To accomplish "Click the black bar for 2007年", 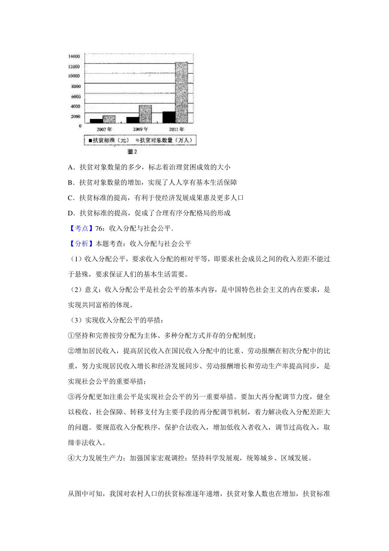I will coord(96,121).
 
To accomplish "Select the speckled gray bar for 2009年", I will coord(145,114).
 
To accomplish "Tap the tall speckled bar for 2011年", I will coord(182,92).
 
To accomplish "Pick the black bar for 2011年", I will coord(169,117).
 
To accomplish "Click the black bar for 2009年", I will coord(133,120).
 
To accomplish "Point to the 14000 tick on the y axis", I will coord(74,56).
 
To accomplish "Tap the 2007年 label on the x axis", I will coord(104,129).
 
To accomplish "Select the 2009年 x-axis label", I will coord(140,129).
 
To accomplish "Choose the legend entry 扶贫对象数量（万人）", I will coord(165,140).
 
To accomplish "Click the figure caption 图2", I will coord(132,152).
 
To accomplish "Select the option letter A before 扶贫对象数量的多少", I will coord(71,167).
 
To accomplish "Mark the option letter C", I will coord(71,198).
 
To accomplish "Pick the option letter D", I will coord(71,213).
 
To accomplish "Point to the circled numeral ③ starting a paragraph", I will coord(71,397).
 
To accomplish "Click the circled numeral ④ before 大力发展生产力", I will coord(71,458).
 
